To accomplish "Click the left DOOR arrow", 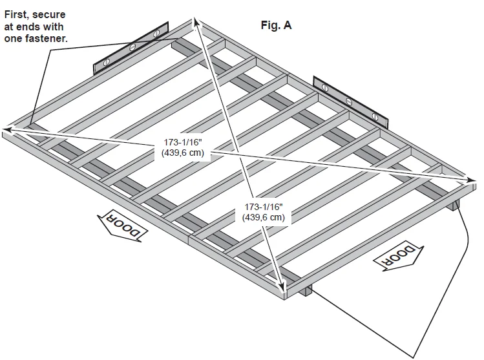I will point(121,227).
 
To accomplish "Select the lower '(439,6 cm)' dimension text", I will point(263,217).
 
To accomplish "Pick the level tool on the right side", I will point(349,101).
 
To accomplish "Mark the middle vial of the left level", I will point(132,47).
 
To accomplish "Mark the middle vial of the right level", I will point(350,101).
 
